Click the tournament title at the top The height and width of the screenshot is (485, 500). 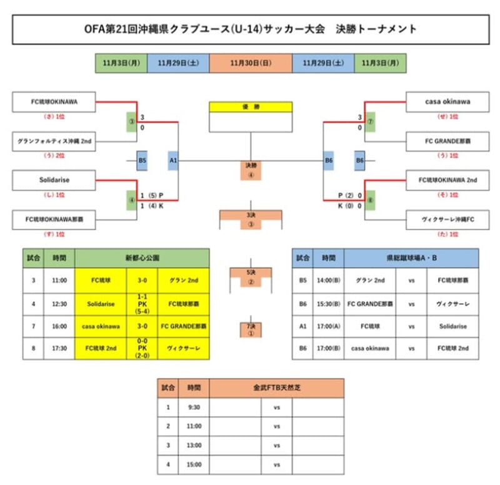point(250,29)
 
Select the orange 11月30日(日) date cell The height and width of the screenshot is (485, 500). point(250,63)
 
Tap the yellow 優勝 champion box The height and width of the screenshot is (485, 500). point(250,107)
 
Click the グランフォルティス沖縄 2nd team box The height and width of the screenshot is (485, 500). point(54,142)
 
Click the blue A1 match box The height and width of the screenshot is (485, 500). point(173,161)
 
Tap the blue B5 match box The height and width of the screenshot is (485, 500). point(142,161)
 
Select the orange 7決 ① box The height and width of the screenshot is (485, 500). point(250,329)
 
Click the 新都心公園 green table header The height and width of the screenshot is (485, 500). point(142,257)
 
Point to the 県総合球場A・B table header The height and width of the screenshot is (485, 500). point(411,257)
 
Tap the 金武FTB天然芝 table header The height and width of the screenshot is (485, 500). point(276,387)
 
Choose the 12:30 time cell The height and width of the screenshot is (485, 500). point(59,304)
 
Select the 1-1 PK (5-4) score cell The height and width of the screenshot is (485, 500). point(142,304)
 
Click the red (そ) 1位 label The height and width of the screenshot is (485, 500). point(447,195)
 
